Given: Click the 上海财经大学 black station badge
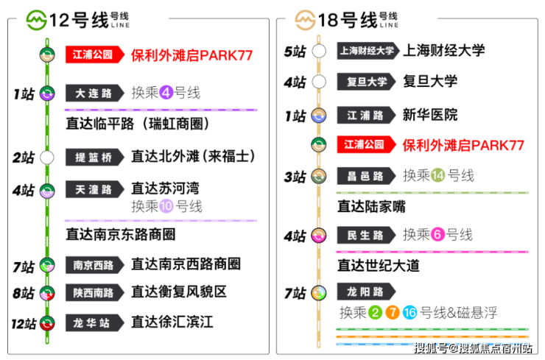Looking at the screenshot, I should (367, 52).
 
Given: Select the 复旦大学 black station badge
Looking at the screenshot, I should (367, 81).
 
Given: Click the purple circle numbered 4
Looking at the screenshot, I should (167, 94).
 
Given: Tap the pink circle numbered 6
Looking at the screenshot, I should (438, 236).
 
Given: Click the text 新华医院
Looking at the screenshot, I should (429, 115).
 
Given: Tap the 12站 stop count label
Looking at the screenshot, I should (23, 322).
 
